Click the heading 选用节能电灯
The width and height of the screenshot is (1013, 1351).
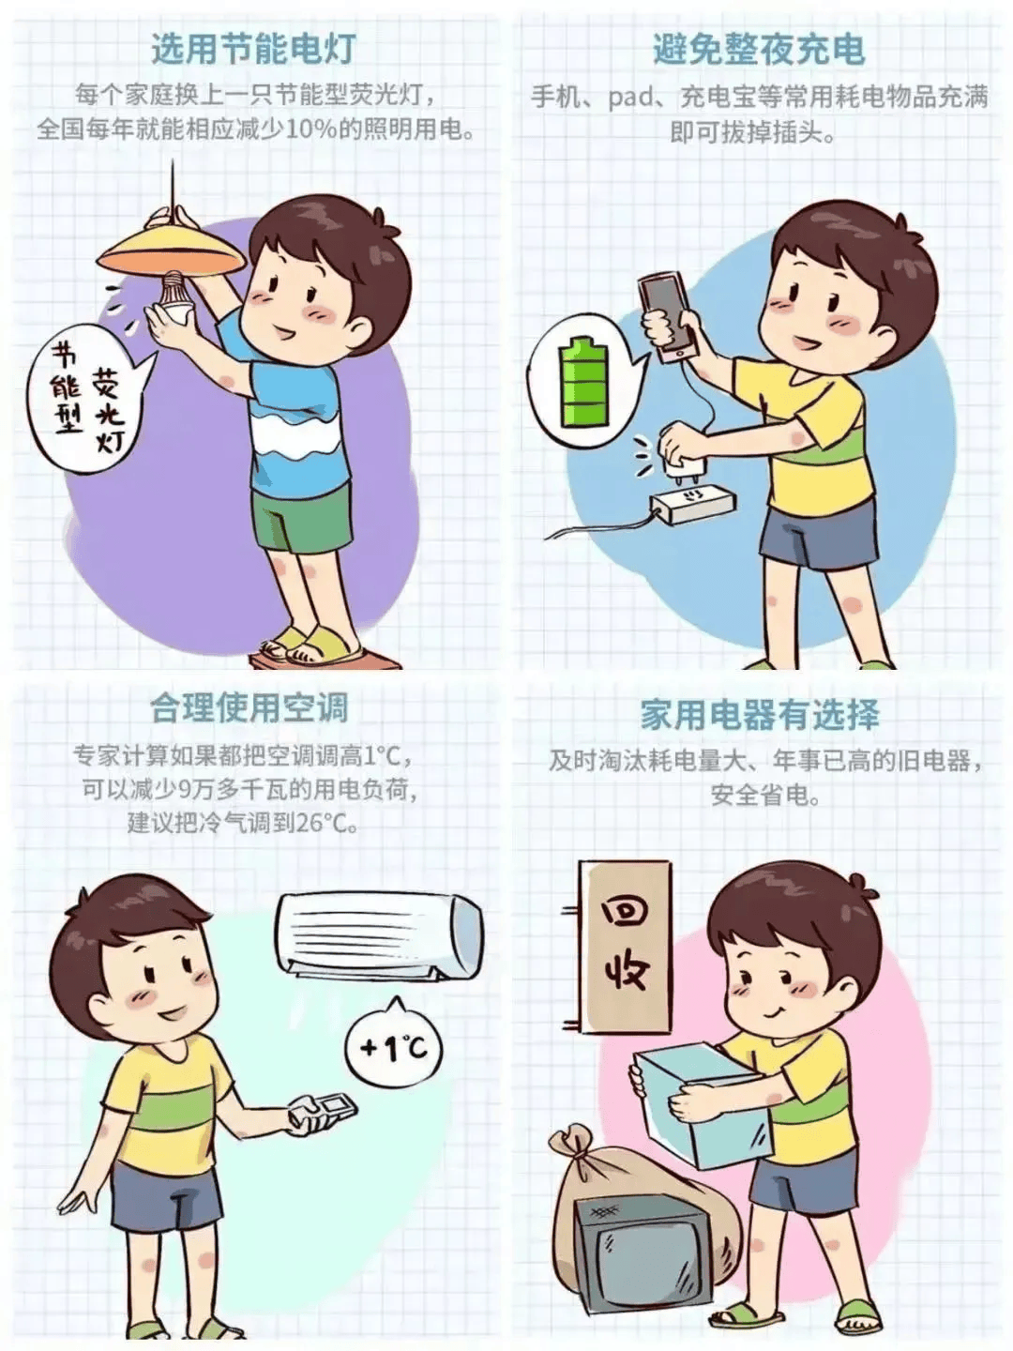pos(253,49)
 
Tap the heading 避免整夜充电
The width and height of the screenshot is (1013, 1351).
pos(759,49)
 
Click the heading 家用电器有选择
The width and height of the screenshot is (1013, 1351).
pos(760,715)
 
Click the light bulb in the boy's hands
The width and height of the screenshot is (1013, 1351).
pos(174,298)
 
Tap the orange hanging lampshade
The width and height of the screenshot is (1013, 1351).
pos(173,249)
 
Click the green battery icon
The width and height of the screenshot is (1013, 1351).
pos(581,384)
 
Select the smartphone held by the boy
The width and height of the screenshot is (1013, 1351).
pos(668,315)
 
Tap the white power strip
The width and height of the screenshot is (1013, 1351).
pos(694,507)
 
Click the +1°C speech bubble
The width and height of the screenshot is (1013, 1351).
pos(394,1046)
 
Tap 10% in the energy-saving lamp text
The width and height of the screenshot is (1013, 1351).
pos(310,129)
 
